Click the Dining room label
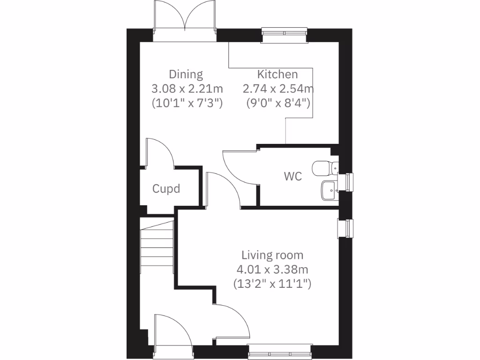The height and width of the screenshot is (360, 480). (x=186, y=74)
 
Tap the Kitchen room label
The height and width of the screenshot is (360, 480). (x=277, y=74)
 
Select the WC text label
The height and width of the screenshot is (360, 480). (x=292, y=177)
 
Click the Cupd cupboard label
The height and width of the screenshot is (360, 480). (x=166, y=189)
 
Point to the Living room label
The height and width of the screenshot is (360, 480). (x=272, y=255)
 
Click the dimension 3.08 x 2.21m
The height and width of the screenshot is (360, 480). (x=186, y=88)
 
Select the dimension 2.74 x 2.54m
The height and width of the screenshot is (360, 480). (x=277, y=88)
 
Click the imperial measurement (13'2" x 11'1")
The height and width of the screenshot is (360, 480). (x=272, y=283)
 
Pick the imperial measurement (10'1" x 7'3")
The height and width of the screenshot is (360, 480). (x=186, y=103)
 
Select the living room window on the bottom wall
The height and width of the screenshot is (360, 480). (x=280, y=352)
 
